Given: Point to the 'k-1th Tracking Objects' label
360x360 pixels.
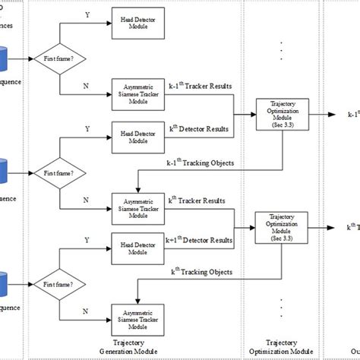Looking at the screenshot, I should tap(200, 162).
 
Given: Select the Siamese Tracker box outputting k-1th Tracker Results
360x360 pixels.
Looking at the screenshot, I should tap(134, 92).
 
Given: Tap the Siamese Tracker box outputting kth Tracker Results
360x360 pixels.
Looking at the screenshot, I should tap(134, 208).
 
